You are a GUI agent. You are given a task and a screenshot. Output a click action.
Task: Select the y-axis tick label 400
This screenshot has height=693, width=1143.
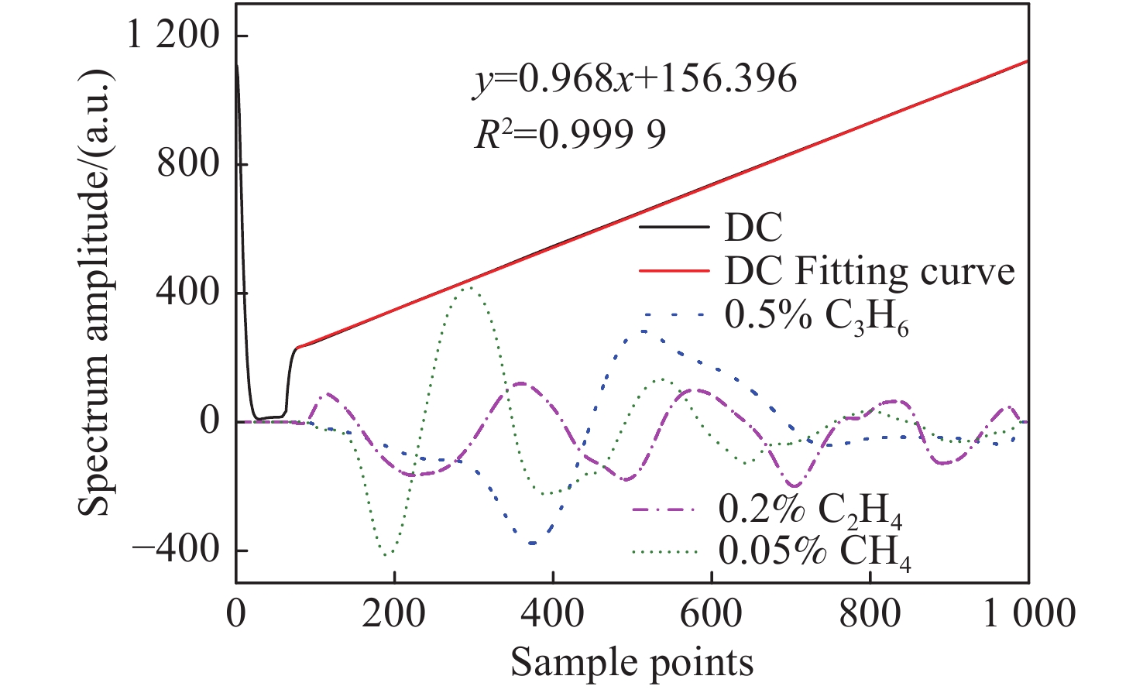coord(188,293)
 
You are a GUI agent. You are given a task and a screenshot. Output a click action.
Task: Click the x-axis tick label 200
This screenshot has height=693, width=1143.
coord(393,614)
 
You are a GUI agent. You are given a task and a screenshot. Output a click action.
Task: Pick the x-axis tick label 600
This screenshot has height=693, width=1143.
coord(710,614)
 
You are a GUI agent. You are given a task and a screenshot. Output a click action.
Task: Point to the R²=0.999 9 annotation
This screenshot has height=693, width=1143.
coord(570,136)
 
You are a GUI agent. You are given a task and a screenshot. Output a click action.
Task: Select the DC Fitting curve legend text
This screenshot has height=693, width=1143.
coord(869,271)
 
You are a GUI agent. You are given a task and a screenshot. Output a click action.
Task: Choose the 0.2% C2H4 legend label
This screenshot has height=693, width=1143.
coord(810,510)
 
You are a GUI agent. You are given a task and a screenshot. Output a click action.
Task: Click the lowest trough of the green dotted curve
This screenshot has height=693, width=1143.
coord(387,554)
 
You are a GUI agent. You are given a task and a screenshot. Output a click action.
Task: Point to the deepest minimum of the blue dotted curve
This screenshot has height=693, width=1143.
coord(533,544)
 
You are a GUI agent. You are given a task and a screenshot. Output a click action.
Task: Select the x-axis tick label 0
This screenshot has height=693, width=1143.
coord(236,614)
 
